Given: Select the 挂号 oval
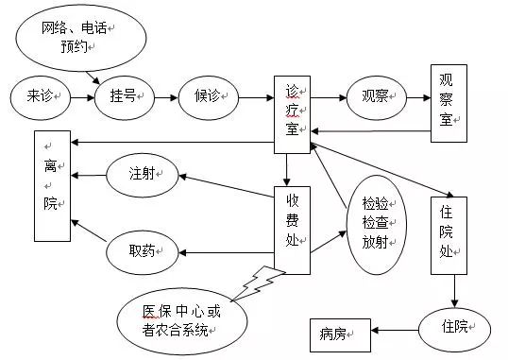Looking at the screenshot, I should [x=123, y=97].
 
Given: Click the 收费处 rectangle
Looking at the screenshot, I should [x=293, y=226].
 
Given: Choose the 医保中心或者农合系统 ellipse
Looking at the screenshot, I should [x=181, y=319].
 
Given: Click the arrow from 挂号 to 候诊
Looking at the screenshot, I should [x=165, y=97].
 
